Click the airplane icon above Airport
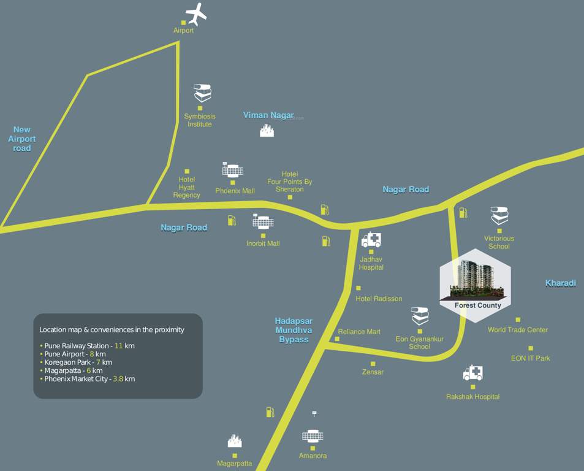[196, 13]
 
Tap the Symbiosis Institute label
[200, 120]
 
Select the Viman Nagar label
[268, 115]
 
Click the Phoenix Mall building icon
[233, 170]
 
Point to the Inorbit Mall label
[263, 243]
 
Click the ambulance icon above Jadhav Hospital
[371, 239]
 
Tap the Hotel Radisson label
[379, 299]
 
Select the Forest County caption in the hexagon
[477, 305]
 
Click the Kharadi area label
[561, 283]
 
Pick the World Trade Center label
[518, 330]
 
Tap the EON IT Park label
[531, 358]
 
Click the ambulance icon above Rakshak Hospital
[473, 372]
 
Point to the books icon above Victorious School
[499, 216]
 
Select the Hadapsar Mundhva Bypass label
[294, 330]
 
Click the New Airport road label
[22, 139]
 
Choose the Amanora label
[313, 456]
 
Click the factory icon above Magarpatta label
[234, 440]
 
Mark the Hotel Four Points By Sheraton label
[290, 182]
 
